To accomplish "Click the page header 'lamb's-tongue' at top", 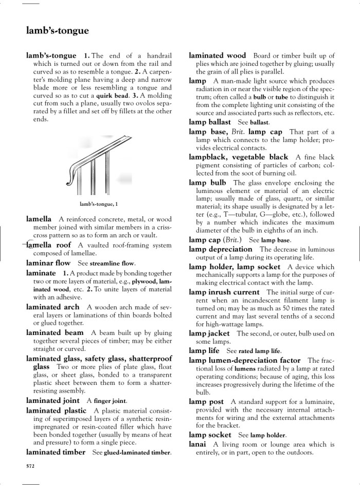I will pos(57,31).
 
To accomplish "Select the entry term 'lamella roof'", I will pos(49,245).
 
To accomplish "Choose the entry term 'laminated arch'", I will pos(53,307).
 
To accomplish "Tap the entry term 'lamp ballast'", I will pos(210,122).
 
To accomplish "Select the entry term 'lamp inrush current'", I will pos(224,292).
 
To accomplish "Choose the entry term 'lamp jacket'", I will pos(209,333).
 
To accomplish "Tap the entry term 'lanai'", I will pos(198,444).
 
